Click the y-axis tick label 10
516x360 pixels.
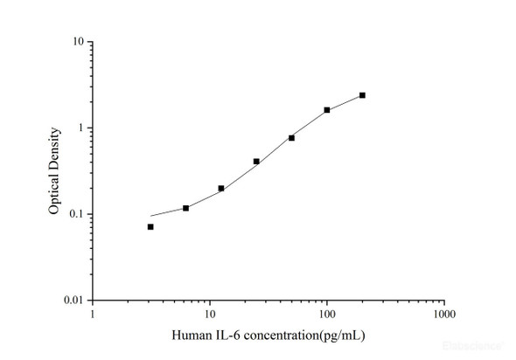(x=78, y=42)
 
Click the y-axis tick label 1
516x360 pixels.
(x=80, y=128)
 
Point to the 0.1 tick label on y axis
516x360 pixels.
(x=76, y=215)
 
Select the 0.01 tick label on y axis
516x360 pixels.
(x=74, y=301)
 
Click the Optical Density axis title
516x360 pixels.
(x=54, y=171)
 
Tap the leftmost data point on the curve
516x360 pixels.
(x=150, y=226)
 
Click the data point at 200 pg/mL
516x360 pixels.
(x=362, y=95)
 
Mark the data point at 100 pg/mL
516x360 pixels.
(x=327, y=110)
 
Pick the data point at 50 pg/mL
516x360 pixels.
(x=291, y=138)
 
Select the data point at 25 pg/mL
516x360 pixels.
(x=256, y=161)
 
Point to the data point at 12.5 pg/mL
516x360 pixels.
(x=221, y=188)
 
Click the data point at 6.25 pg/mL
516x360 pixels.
(x=185, y=208)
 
